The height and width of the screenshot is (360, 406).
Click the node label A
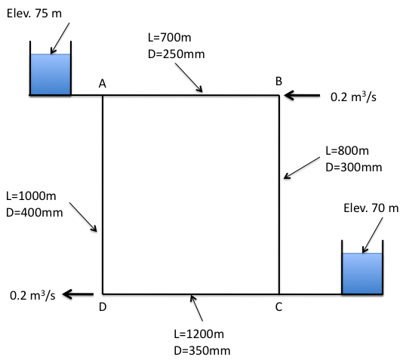click(103, 84)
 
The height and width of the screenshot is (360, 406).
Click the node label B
click(278, 82)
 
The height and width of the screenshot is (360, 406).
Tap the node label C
click(278, 307)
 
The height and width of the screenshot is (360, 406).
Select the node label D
click(103, 307)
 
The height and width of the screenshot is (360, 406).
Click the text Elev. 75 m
click(34, 14)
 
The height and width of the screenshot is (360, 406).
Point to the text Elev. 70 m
click(371, 208)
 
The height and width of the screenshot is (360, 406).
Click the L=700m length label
click(170, 38)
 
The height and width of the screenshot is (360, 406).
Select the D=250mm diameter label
click(177, 54)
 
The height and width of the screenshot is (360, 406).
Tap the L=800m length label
click(347, 150)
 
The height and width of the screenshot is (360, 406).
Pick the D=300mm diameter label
click(354, 168)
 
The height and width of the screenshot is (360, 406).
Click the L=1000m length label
click(31, 195)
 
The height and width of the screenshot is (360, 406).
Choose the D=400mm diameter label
click(35, 213)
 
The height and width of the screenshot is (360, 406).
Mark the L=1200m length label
click(199, 334)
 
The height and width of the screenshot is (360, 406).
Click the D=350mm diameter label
click(202, 351)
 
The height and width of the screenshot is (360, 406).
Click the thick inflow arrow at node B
click(302, 96)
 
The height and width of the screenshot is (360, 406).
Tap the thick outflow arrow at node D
click(78, 294)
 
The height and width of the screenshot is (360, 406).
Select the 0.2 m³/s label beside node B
click(353, 97)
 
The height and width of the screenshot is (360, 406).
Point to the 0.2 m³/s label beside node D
click(32, 295)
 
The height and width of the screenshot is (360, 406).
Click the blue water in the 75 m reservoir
click(51, 74)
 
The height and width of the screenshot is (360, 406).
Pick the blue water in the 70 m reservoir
click(362, 273)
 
